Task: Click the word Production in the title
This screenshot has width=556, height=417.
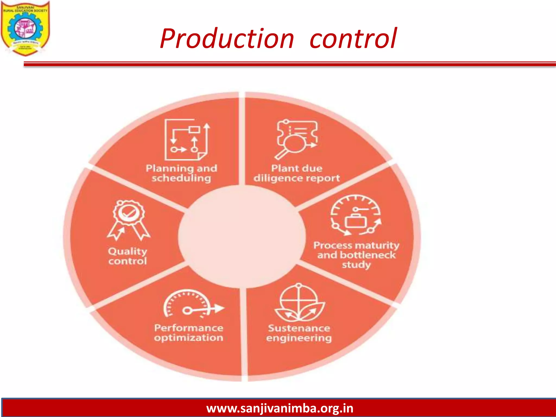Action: tap(227, 39)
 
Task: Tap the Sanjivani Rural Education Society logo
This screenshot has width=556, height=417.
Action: tap(25, 28)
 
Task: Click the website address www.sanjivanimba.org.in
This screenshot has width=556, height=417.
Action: tap(280, 408)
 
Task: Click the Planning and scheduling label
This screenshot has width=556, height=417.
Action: tap(181, 173)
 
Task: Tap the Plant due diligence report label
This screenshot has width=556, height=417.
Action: tap(296, 173)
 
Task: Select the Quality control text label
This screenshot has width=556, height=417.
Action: tap(128, 256)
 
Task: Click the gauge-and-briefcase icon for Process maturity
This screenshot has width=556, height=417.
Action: tap(356, 215)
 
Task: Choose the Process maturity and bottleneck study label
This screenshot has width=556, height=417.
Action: tap(356, 255)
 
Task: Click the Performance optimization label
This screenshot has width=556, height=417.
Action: tap(189, 333)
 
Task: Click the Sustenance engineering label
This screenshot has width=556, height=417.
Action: tap(299, 333)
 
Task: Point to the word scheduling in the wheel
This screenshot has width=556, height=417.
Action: tap(181, 178)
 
